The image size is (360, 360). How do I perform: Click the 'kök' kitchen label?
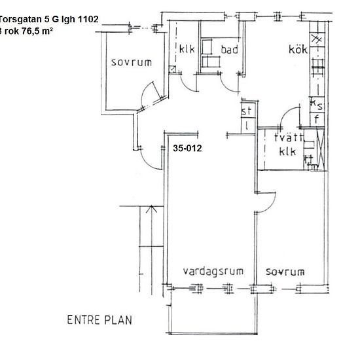298,50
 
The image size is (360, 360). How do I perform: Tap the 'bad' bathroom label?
228,50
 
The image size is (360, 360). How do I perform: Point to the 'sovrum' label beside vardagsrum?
285,271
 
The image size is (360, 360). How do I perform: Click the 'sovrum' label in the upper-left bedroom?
131,63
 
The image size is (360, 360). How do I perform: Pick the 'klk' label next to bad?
187,50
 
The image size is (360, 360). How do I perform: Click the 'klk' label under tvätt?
288,152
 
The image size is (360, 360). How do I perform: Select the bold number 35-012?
187,149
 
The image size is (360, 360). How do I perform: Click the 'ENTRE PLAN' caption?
99,320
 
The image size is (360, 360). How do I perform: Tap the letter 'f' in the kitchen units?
316,119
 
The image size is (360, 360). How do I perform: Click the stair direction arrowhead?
152,209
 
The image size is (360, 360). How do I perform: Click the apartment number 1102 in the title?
86,20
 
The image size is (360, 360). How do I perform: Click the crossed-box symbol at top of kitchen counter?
318,39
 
